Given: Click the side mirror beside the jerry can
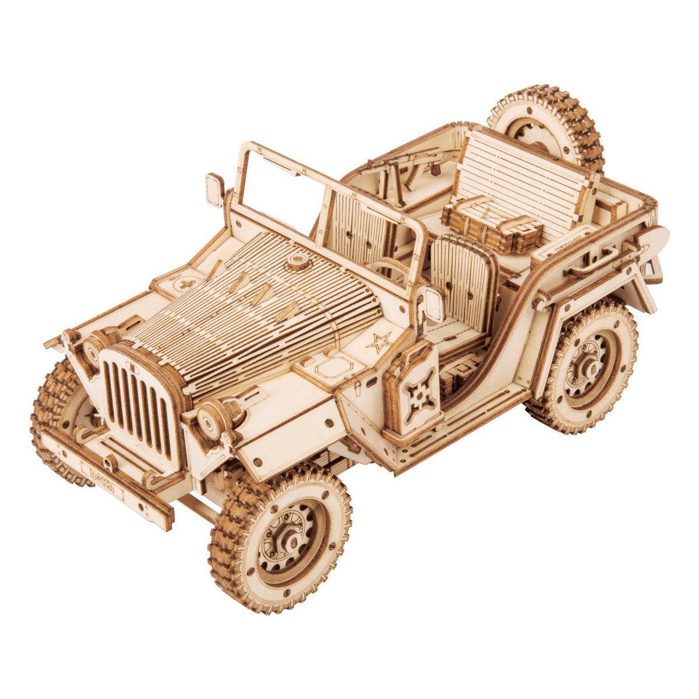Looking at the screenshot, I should coord(433,303).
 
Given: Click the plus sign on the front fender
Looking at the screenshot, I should coord(185,285).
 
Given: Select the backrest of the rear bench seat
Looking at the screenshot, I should coord(524,175).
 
